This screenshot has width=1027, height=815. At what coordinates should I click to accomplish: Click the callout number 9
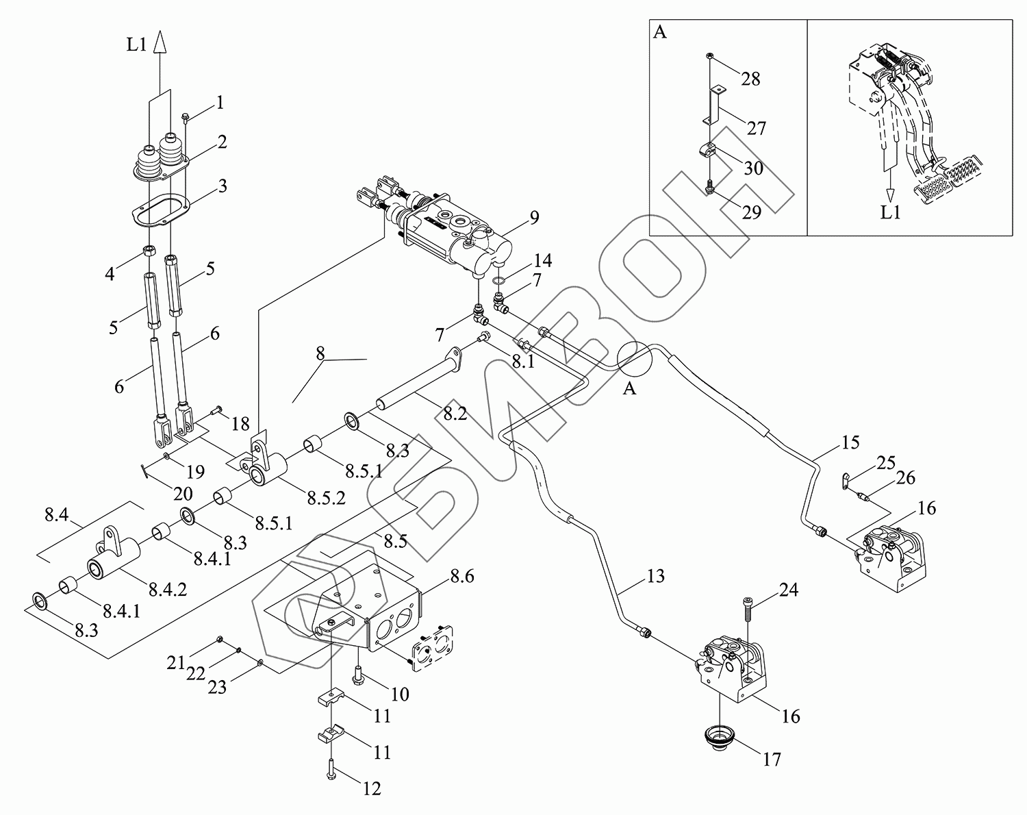click(534, 218)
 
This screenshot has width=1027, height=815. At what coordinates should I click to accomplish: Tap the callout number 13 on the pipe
click(655, 577)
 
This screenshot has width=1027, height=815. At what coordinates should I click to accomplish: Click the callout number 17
click(772, 759)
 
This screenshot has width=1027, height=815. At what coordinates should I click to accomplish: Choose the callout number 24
click(789, 590)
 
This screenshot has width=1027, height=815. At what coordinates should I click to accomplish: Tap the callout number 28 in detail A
click(750, 79)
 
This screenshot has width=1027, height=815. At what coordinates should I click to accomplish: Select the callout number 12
click(371, 789)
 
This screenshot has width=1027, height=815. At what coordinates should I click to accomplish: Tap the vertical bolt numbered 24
click(746, 610)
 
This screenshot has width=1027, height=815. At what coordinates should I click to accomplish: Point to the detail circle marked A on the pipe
click(635, 358)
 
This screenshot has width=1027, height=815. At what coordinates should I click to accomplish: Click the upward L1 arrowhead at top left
click(160, 45)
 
